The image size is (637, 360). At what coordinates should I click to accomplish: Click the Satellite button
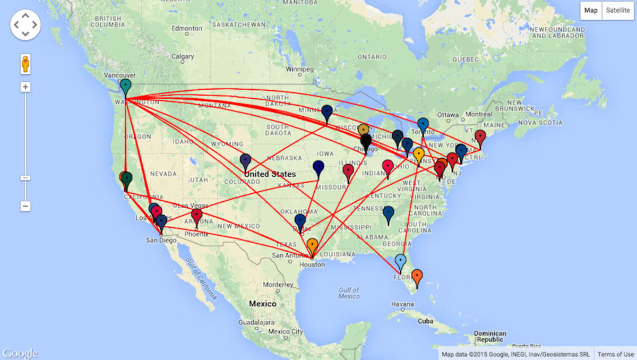click(x=617, y=11)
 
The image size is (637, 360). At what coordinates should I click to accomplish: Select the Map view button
click(x=591, y=11)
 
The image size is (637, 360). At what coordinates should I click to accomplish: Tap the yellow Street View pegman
click(x=25, y=64)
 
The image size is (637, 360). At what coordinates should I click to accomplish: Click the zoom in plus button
click(x=25, y=87)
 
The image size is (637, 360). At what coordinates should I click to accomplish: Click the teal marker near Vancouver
click(x=125, y=85)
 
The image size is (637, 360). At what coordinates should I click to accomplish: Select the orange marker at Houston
click(x=312, y=245)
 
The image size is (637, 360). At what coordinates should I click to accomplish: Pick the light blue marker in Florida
click(x=400, y=261)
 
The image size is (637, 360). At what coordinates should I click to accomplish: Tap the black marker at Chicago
click(x=366, y=141)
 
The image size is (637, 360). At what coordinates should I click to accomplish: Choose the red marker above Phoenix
click(x=197, y=216)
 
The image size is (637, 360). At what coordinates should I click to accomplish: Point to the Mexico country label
click(x=263, y=304)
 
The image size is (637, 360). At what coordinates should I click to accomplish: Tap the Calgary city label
click(x=182, y=56)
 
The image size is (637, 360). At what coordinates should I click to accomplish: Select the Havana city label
click(x=402, y=304)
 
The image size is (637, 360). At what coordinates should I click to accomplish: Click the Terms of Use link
click(x=615, y=354)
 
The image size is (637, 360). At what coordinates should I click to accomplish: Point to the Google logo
click(x=20, y=353)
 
